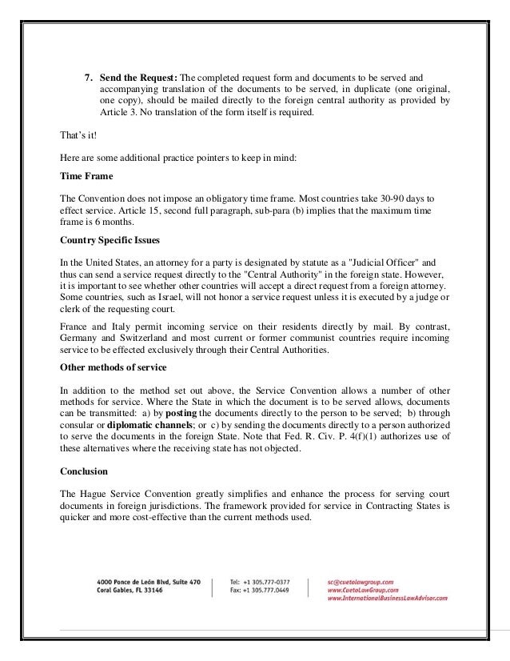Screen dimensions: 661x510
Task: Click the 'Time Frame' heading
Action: click(x=87, y=175)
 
